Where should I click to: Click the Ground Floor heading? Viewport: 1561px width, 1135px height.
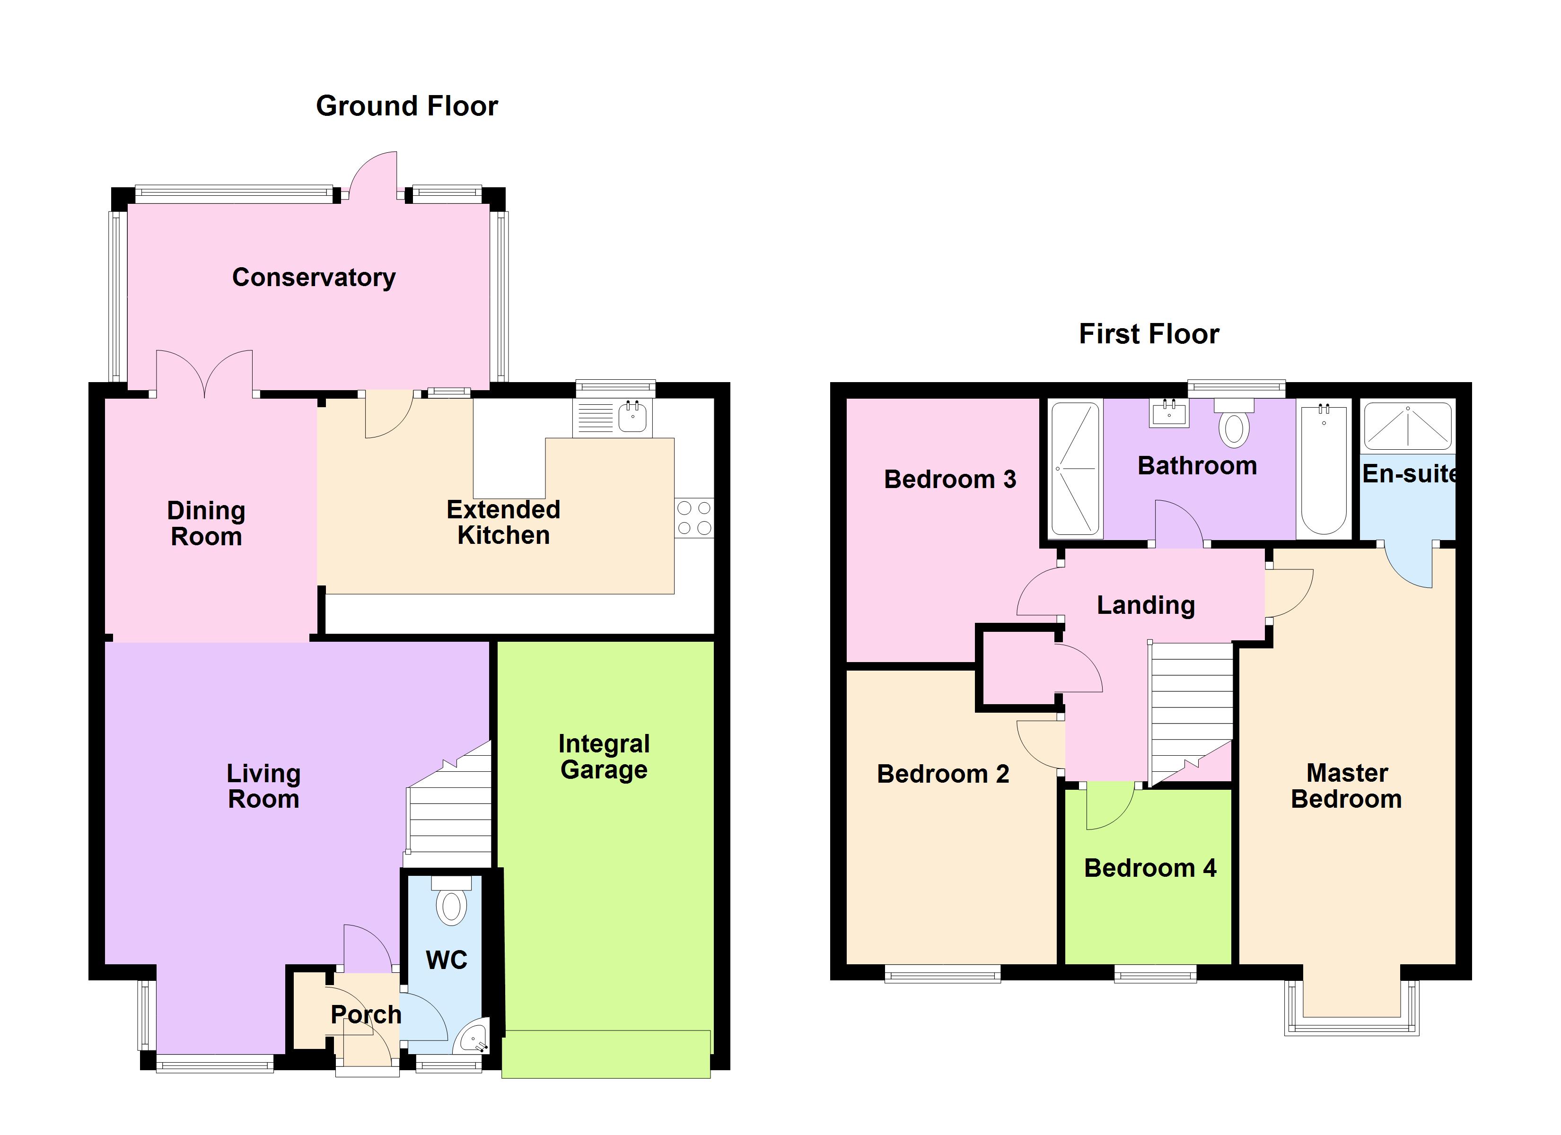[407, 106]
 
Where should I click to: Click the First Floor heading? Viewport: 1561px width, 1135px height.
[1149, 334]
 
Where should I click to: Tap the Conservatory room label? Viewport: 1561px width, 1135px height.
[314, 278]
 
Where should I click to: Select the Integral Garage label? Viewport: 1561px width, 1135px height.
[604, 757]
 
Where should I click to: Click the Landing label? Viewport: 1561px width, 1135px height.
[1145, 605]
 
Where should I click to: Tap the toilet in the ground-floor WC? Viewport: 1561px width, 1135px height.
[451, 900]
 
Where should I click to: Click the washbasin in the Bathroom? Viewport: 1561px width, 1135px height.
[1169, 413]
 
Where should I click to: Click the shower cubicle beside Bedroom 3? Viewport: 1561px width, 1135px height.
[1075, 469]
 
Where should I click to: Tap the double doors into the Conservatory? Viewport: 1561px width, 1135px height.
[204, 374]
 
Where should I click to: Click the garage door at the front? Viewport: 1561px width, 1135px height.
[605, 1054]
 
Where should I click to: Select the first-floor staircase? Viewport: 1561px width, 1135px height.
[1191, 714]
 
